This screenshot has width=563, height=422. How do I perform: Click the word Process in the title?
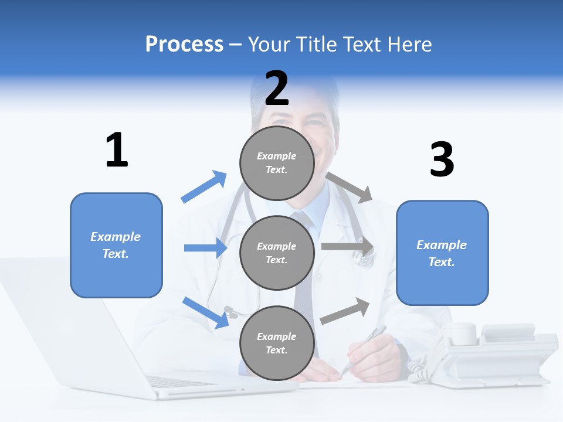coord(184,45)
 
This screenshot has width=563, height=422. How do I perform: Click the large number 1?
coord(117,150)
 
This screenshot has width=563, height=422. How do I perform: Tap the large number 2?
coord(277,88)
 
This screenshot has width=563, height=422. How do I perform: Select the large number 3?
coord(442,160)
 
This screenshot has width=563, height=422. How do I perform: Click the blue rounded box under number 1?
coord(116,245)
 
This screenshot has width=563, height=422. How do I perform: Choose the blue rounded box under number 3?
coord(442,253)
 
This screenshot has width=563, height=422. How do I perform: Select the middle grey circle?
coord(277,253)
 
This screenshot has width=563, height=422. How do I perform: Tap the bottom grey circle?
coord(277,343)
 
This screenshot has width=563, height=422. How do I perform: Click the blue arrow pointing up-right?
coord(204,187)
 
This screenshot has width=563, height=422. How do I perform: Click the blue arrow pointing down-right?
coord(206,312)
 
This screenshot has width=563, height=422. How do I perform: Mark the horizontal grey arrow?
coord(347,247)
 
